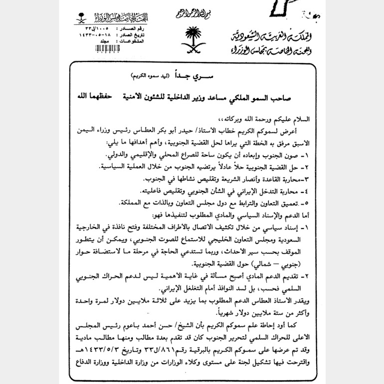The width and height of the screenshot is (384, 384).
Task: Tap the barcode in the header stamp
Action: coord(108,49)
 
